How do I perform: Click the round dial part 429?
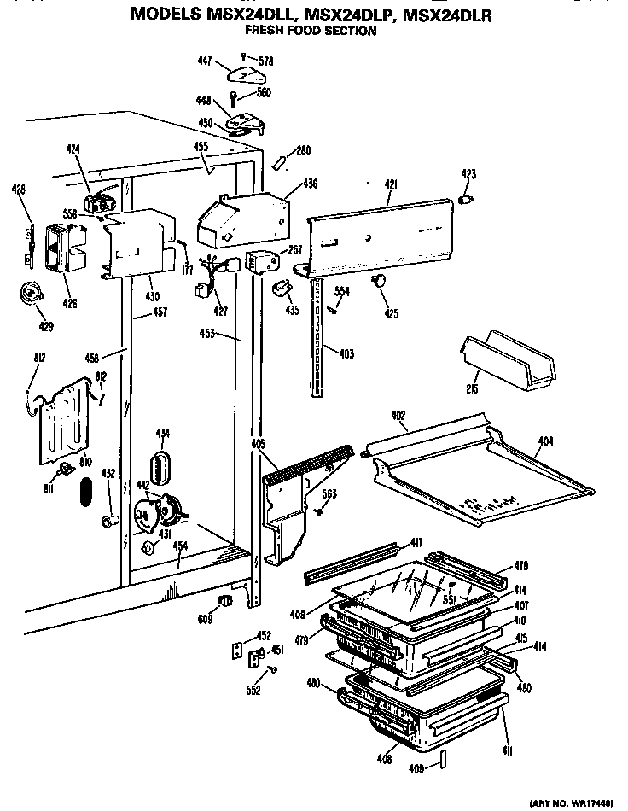pos(33,295)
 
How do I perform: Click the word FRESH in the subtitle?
pos(265,32)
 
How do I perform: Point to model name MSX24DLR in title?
pos(456,15)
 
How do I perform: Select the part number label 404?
pos(545,441)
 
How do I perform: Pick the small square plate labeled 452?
pos(239,651)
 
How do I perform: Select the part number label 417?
pos(416,542)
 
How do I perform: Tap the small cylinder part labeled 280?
pos(279,161)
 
